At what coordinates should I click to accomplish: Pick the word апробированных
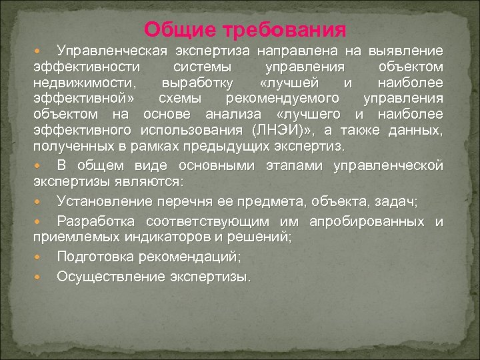[x=368, y=221]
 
